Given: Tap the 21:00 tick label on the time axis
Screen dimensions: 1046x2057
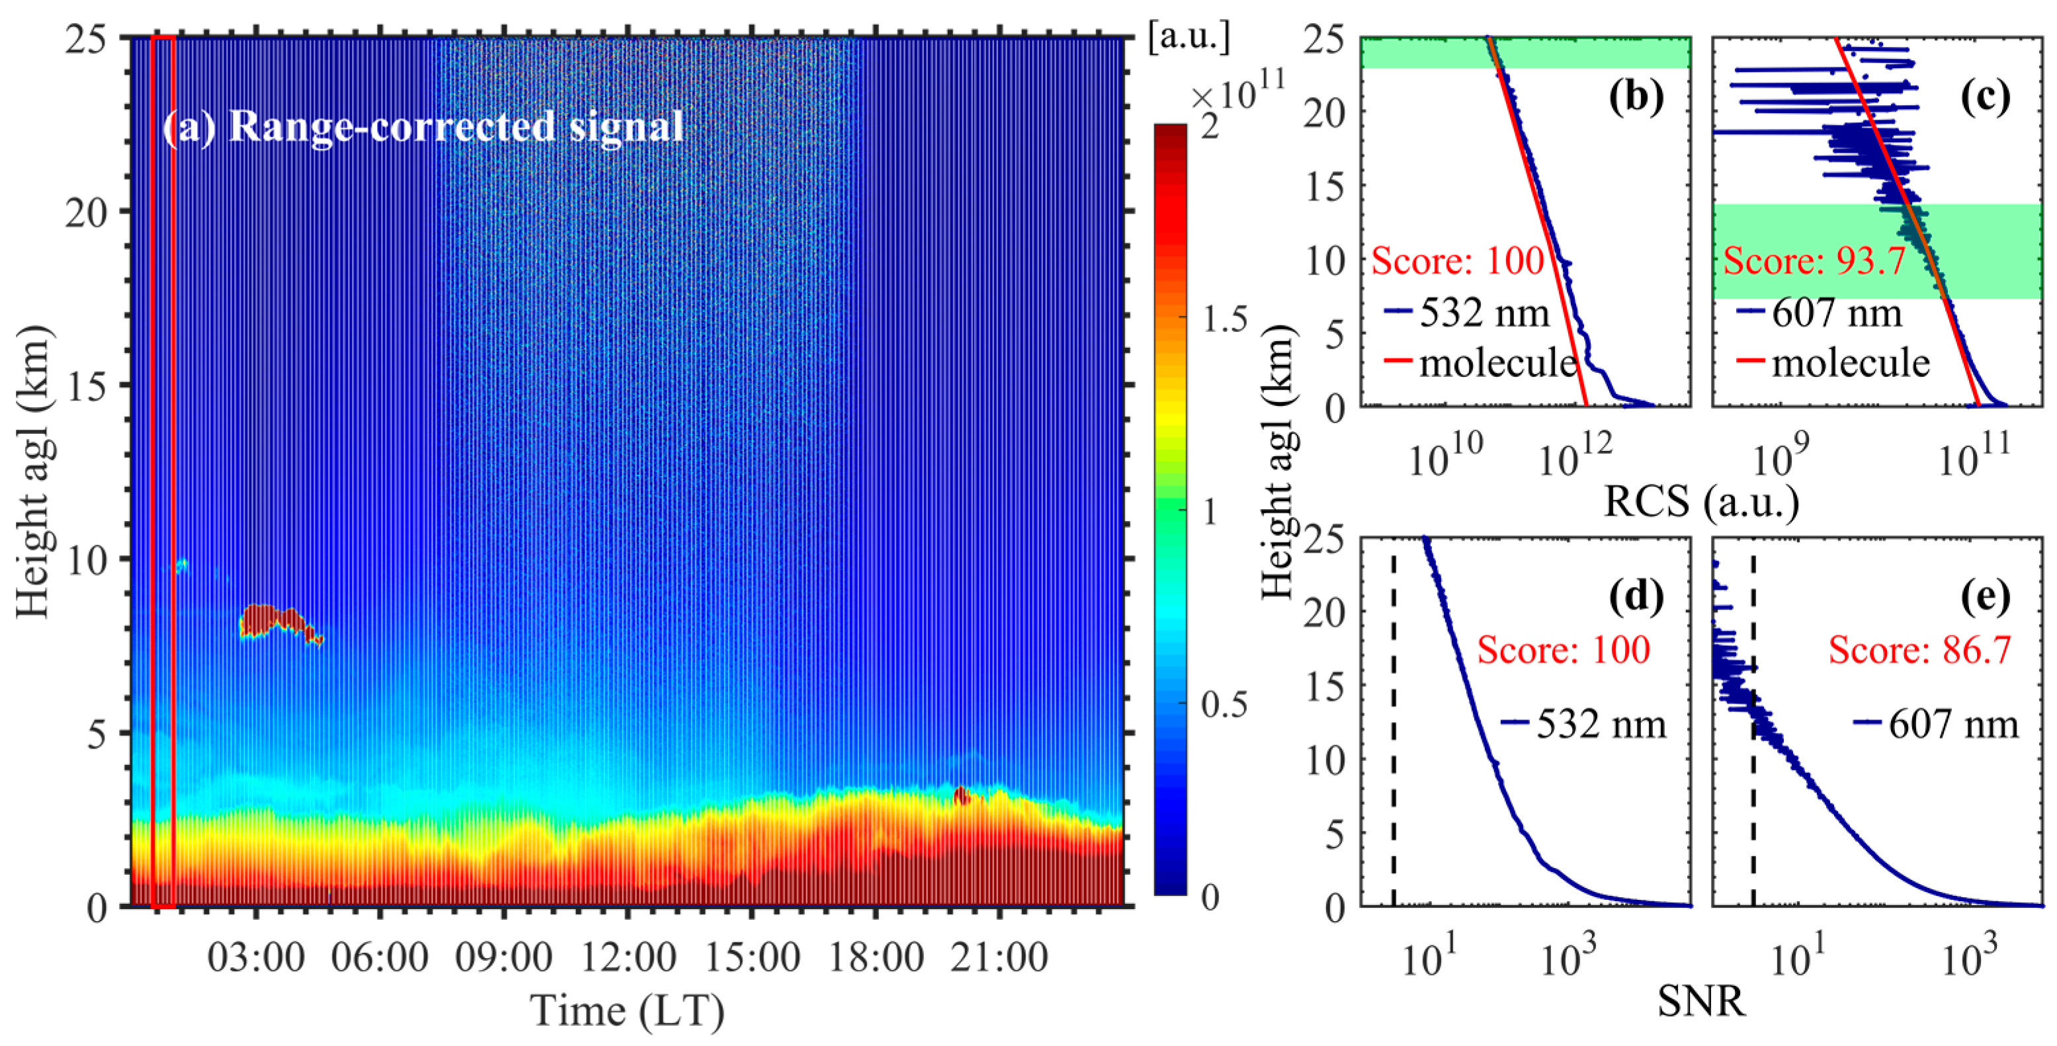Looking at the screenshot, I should (999, 957).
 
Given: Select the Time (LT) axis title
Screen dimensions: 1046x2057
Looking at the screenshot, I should (628, 1011).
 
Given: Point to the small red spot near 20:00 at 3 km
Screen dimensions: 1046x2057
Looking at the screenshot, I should (962, 796).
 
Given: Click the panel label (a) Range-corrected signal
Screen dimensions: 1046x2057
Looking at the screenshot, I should (423, 127).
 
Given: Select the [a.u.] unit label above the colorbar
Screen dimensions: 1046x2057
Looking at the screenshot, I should (1189, 38).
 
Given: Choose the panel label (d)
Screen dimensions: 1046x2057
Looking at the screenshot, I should (1636, 596).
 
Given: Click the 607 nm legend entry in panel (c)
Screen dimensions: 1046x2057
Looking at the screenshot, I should (1837, 312).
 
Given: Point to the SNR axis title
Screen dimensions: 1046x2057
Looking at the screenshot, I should (1701, 1001).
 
